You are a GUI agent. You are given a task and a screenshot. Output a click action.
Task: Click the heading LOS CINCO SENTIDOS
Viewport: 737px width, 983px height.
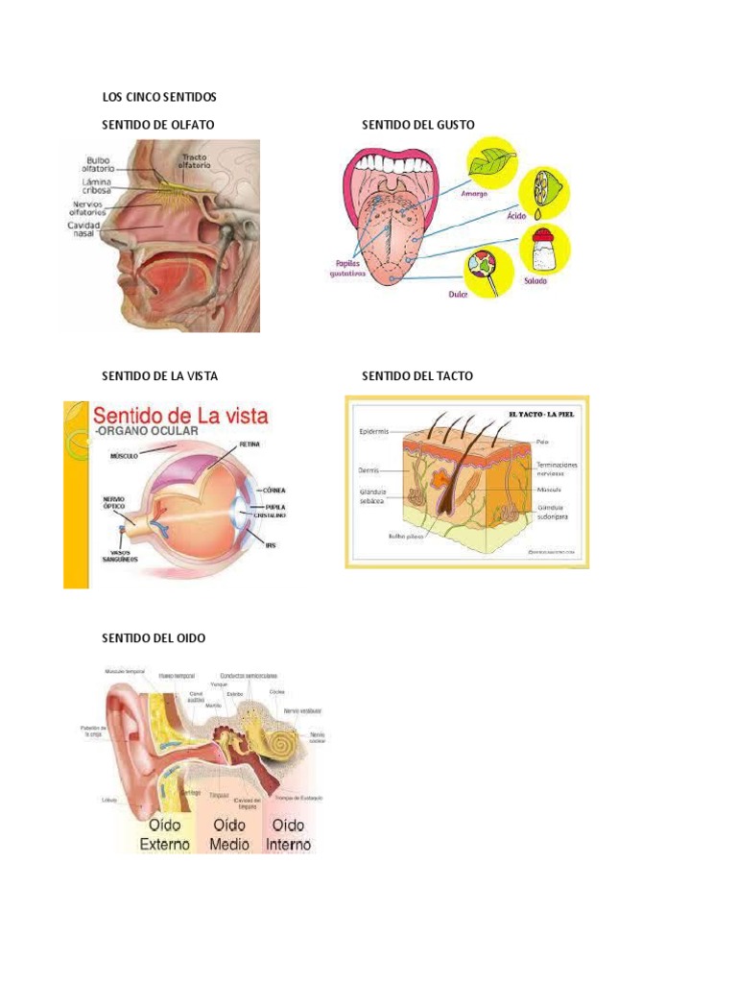click(159, 96)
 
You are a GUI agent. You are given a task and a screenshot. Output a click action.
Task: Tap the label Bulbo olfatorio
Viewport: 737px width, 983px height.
click(99, 165)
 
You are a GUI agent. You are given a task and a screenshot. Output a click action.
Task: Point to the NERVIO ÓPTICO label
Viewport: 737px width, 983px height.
click(115, 504)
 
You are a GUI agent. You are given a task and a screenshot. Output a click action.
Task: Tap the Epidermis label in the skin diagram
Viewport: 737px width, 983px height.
click(373, 432)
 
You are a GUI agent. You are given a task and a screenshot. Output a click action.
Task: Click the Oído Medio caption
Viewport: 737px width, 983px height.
click(229, 834)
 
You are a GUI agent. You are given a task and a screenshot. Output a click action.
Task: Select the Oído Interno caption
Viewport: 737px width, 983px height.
click(288, 834)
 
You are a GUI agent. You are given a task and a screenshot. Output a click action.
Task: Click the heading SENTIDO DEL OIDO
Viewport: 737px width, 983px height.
click(154, 637)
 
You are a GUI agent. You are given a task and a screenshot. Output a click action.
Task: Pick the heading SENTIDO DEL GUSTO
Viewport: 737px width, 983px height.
click(417, 125)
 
